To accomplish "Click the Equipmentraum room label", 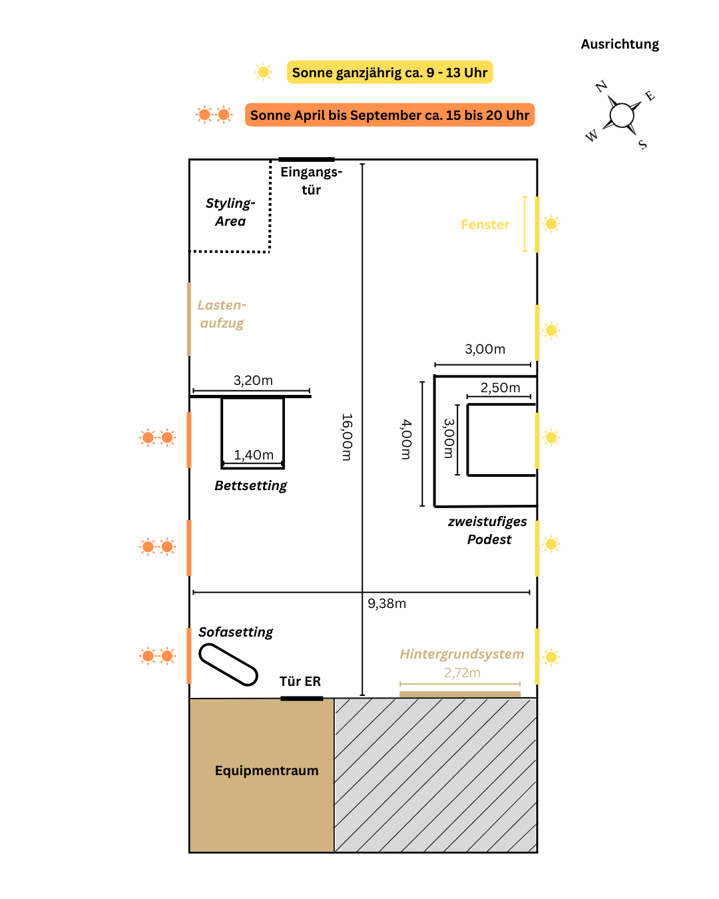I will click(266, 770).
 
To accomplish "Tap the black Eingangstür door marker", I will click(306, 159).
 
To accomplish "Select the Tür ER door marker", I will click(302, 698).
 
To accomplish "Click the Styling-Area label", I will click(230, 212).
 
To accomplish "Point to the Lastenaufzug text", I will click(222, 314).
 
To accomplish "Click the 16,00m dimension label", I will click(347, 437).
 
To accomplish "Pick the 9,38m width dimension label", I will click(387, 603).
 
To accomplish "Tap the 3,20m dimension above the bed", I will click(253, 380).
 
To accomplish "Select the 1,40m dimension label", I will click(254, 455).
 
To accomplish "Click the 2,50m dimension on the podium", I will click(501, 388).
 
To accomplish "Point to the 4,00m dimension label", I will click(406, 440).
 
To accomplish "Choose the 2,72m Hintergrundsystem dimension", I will click(462, 673).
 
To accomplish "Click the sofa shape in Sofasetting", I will click(228, 665).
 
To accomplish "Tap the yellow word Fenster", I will click(485, 224).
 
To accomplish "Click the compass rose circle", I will click(622, 115).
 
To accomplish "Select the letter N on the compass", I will click(601, 86).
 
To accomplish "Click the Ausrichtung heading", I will click(620, 44).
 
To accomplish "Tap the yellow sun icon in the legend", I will click(264, 72).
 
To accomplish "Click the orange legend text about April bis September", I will click(389, 115).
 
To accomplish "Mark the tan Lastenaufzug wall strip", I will click(189, 319).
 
